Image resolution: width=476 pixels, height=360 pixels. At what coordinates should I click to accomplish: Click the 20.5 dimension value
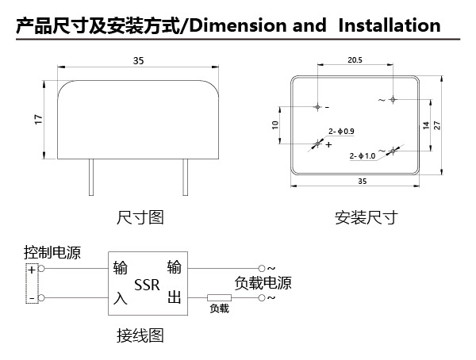pos(355,59)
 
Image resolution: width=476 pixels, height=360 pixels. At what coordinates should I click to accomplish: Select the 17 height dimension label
pos(39,119)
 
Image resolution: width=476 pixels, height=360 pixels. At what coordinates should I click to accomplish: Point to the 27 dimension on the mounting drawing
pos(436,125)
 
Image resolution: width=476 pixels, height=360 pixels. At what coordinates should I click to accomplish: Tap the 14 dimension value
pos(426,125)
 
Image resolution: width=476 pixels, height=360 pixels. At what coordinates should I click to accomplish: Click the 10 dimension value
pos(275,124)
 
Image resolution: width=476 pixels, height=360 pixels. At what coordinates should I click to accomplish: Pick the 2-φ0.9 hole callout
pos(341,131)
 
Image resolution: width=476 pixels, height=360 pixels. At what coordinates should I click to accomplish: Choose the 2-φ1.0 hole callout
pos(363,156)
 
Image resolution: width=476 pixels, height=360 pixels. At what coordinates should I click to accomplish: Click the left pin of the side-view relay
pos(91,177)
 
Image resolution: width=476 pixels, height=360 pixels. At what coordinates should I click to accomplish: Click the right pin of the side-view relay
pos(185,177)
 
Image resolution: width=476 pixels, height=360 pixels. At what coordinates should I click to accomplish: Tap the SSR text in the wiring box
pos(147,285)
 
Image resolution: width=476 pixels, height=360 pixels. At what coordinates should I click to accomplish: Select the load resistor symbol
pos(219,297)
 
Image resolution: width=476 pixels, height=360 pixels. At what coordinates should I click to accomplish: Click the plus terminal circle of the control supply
pos(41,269)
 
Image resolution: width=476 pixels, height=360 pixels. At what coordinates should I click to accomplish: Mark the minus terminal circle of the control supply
pos(41,298)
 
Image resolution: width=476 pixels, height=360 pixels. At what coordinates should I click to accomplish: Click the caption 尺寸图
pos(140,217)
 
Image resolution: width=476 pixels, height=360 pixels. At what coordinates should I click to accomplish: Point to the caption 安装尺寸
pos(366,217)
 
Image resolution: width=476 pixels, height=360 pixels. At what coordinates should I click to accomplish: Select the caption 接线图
pos(140,335)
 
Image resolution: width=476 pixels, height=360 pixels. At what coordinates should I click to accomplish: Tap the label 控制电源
pos(52,252)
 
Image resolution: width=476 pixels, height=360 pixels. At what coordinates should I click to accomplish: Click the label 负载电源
pos(263,282)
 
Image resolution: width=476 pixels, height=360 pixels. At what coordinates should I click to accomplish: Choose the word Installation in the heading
pos(390,25)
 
